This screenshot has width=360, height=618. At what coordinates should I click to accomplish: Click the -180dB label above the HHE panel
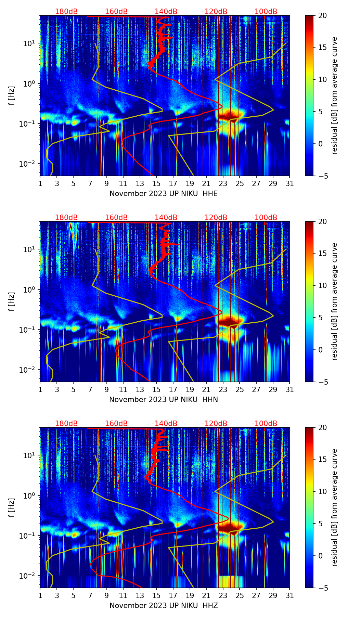(65, 12)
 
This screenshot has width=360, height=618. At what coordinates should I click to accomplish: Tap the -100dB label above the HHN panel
(265, 218)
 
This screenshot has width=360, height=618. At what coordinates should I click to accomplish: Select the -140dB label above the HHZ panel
(165, 424)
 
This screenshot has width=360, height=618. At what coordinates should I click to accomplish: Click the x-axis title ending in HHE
(163, 194)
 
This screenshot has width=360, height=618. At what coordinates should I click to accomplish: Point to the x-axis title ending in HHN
(163, 400)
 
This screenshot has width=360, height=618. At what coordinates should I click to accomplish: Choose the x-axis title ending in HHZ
(163, 606)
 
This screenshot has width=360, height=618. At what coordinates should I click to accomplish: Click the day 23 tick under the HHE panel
(223, 184)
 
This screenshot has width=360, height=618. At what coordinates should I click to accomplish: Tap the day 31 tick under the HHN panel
(290, 390)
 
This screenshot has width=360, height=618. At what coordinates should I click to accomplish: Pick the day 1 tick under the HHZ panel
(40, 596)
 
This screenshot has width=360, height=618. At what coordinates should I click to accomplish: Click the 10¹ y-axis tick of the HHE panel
(28, 43)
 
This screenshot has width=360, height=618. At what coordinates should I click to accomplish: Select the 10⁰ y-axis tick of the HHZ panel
(28, 495)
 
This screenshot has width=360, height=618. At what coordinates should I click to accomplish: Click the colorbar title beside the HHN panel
(335, 301)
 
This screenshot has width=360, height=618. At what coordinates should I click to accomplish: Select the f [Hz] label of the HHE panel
(12, 95)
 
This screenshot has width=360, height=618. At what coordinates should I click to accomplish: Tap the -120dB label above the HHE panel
(215, 12)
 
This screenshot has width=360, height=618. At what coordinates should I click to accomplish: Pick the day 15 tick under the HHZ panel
(156, 596)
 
